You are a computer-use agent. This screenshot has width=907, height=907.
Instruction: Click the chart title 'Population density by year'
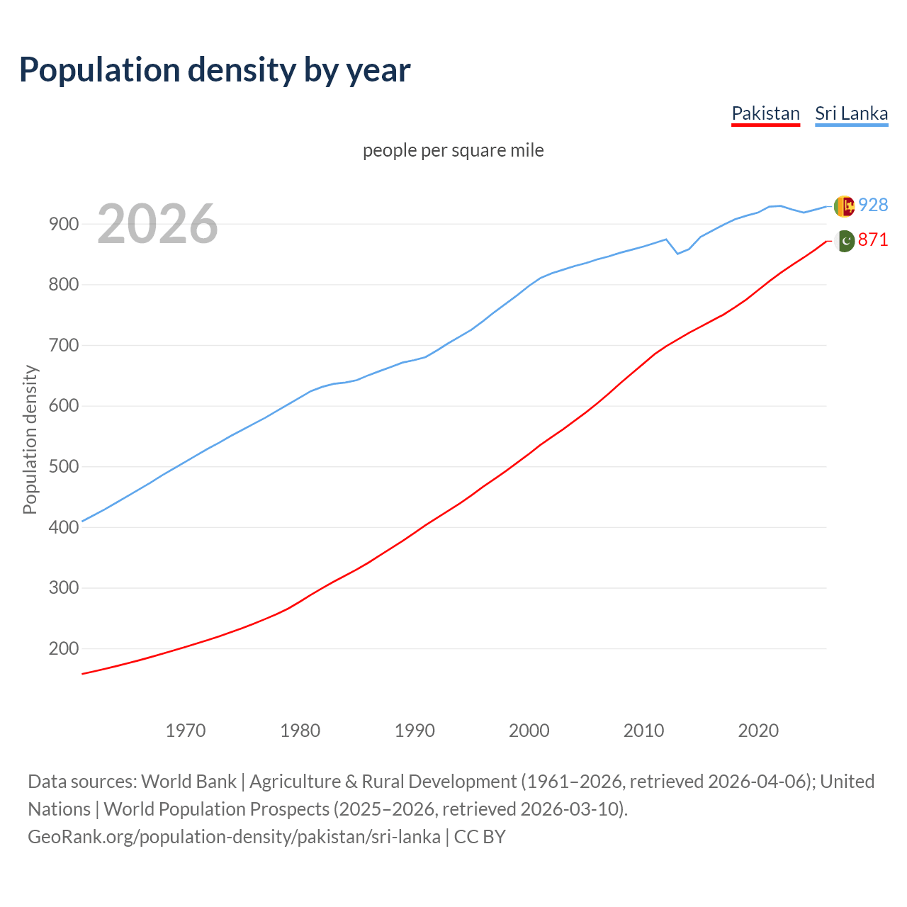[x=215, y=69]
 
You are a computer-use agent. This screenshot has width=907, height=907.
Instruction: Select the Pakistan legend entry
[x=765, y=113]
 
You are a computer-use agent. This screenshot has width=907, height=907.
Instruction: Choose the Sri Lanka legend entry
[x=851, y=113]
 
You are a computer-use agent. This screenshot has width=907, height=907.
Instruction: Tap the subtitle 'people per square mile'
[x=453, y=150]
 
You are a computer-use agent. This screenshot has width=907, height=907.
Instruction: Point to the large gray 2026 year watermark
[x=157, y=224]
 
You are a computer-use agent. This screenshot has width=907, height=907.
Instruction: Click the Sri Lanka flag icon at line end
[x=843, y=205]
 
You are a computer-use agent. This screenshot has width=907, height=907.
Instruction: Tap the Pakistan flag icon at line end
[x=844, y=241]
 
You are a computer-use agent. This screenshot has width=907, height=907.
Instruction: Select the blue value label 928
[x=873, y=205]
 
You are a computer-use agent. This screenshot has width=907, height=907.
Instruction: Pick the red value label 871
[x=873, y=240]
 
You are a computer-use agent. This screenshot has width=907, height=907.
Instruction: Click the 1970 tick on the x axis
[x=186, y=730]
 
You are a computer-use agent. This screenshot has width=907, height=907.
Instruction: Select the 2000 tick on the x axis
[x=529, y=730]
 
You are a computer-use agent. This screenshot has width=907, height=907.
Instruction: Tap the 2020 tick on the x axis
[x=758, y=730]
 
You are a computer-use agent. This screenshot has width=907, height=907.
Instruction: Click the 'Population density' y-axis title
[x=30, y=439]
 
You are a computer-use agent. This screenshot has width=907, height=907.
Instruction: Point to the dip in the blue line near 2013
[x=677, y=253]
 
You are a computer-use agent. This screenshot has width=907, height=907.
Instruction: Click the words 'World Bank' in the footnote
[x=188, y=781]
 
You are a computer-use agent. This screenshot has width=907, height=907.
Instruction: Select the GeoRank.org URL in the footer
[x=234, y=836]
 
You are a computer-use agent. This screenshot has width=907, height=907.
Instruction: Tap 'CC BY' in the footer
[x=480, y=836]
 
